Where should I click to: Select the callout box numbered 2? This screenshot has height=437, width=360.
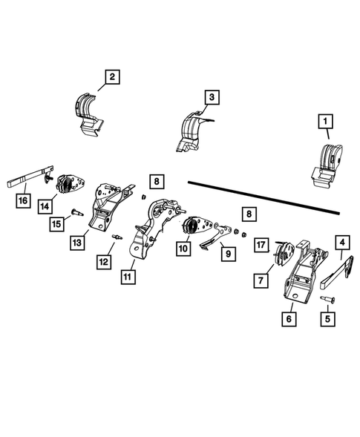coord(111,76)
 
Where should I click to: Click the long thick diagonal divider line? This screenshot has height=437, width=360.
coord(264,197)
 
